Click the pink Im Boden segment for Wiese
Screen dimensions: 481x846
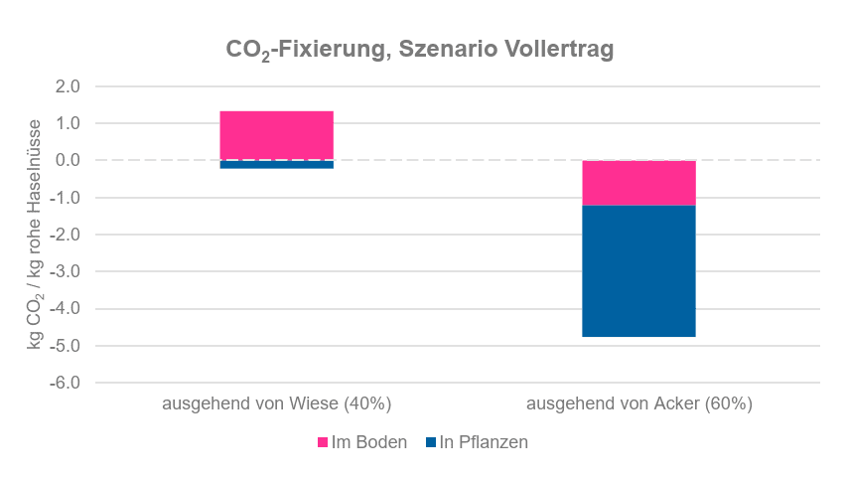pos(276,135)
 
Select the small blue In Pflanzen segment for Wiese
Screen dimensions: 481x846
pos(276,164)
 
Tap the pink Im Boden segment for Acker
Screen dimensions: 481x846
pos(638,182)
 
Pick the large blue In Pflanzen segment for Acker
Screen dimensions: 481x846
pos(638,270)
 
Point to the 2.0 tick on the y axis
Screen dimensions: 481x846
pos(68,86)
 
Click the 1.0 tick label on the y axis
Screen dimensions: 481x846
pos(68,123)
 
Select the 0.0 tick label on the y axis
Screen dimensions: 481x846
pos(68,160)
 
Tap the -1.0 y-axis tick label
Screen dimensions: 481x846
pos(66,198)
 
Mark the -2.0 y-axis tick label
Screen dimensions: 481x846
pos(66,235)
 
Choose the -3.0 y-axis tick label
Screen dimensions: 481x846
pos(66,271)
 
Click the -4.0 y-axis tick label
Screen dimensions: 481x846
pos(66,309)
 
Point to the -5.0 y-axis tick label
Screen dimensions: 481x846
pos(66,346)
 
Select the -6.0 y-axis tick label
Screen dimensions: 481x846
pos(66,383)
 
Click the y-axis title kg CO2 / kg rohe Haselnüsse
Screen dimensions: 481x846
pos(36,235)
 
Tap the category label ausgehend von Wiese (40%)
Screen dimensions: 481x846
pos(277,404)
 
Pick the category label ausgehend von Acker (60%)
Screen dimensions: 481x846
pos(639,404)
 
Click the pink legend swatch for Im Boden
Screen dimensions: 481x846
pos(323,443)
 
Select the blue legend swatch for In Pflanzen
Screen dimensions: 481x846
pos(431,443)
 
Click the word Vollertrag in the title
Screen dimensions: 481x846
pos(565,51)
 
